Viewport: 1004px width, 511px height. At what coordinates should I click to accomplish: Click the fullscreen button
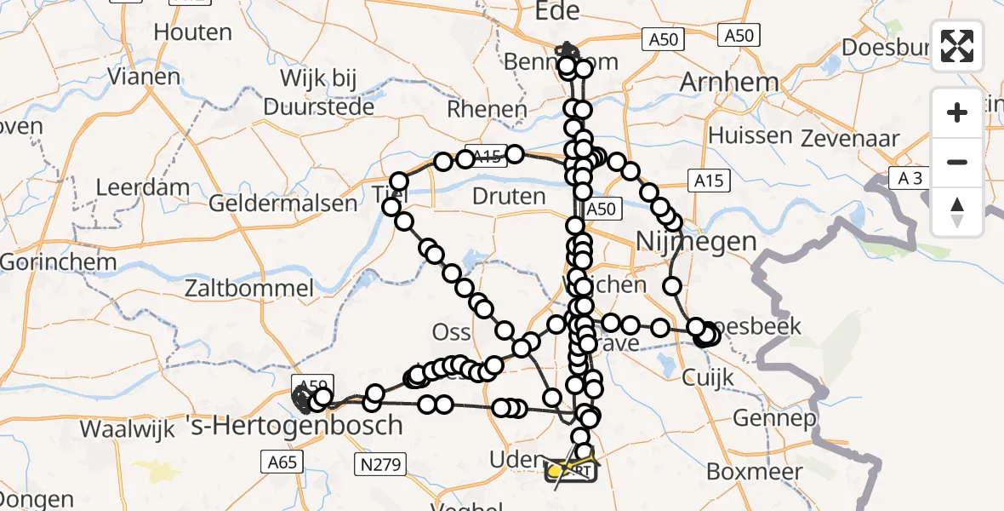pyautogui.click(x=957, y=46)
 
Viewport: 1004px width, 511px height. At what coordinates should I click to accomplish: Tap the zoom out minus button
pyautogui.click(x=957, y=162)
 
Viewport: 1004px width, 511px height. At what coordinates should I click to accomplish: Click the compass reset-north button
pyautogui.click(x=957, y=211)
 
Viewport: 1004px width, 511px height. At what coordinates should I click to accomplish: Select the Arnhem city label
pyautogui.click(x=729, y=83)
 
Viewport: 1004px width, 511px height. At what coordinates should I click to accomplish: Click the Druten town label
pyautogui.click(x=509, y=197)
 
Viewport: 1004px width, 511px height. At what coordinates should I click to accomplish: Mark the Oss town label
pyautogui.click(x=452, y=330)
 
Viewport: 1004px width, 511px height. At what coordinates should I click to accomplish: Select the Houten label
pyautogui.click(x=193, y=32)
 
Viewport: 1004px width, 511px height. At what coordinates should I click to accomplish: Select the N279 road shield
pyautogui.click(x=380, y=464)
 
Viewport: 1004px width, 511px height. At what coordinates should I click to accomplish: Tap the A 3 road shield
pyautogui.click(x=908, y=177)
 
